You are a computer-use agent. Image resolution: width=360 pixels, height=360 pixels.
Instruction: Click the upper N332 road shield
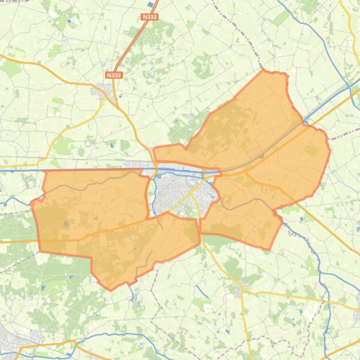(x=150, y=17)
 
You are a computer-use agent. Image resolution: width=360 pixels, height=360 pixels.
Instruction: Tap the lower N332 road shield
(x=114, y=75)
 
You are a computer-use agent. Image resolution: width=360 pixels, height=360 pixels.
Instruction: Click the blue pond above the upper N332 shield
(x=150, y=5)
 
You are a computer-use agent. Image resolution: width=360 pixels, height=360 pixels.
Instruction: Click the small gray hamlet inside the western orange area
(x=66, y=223)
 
